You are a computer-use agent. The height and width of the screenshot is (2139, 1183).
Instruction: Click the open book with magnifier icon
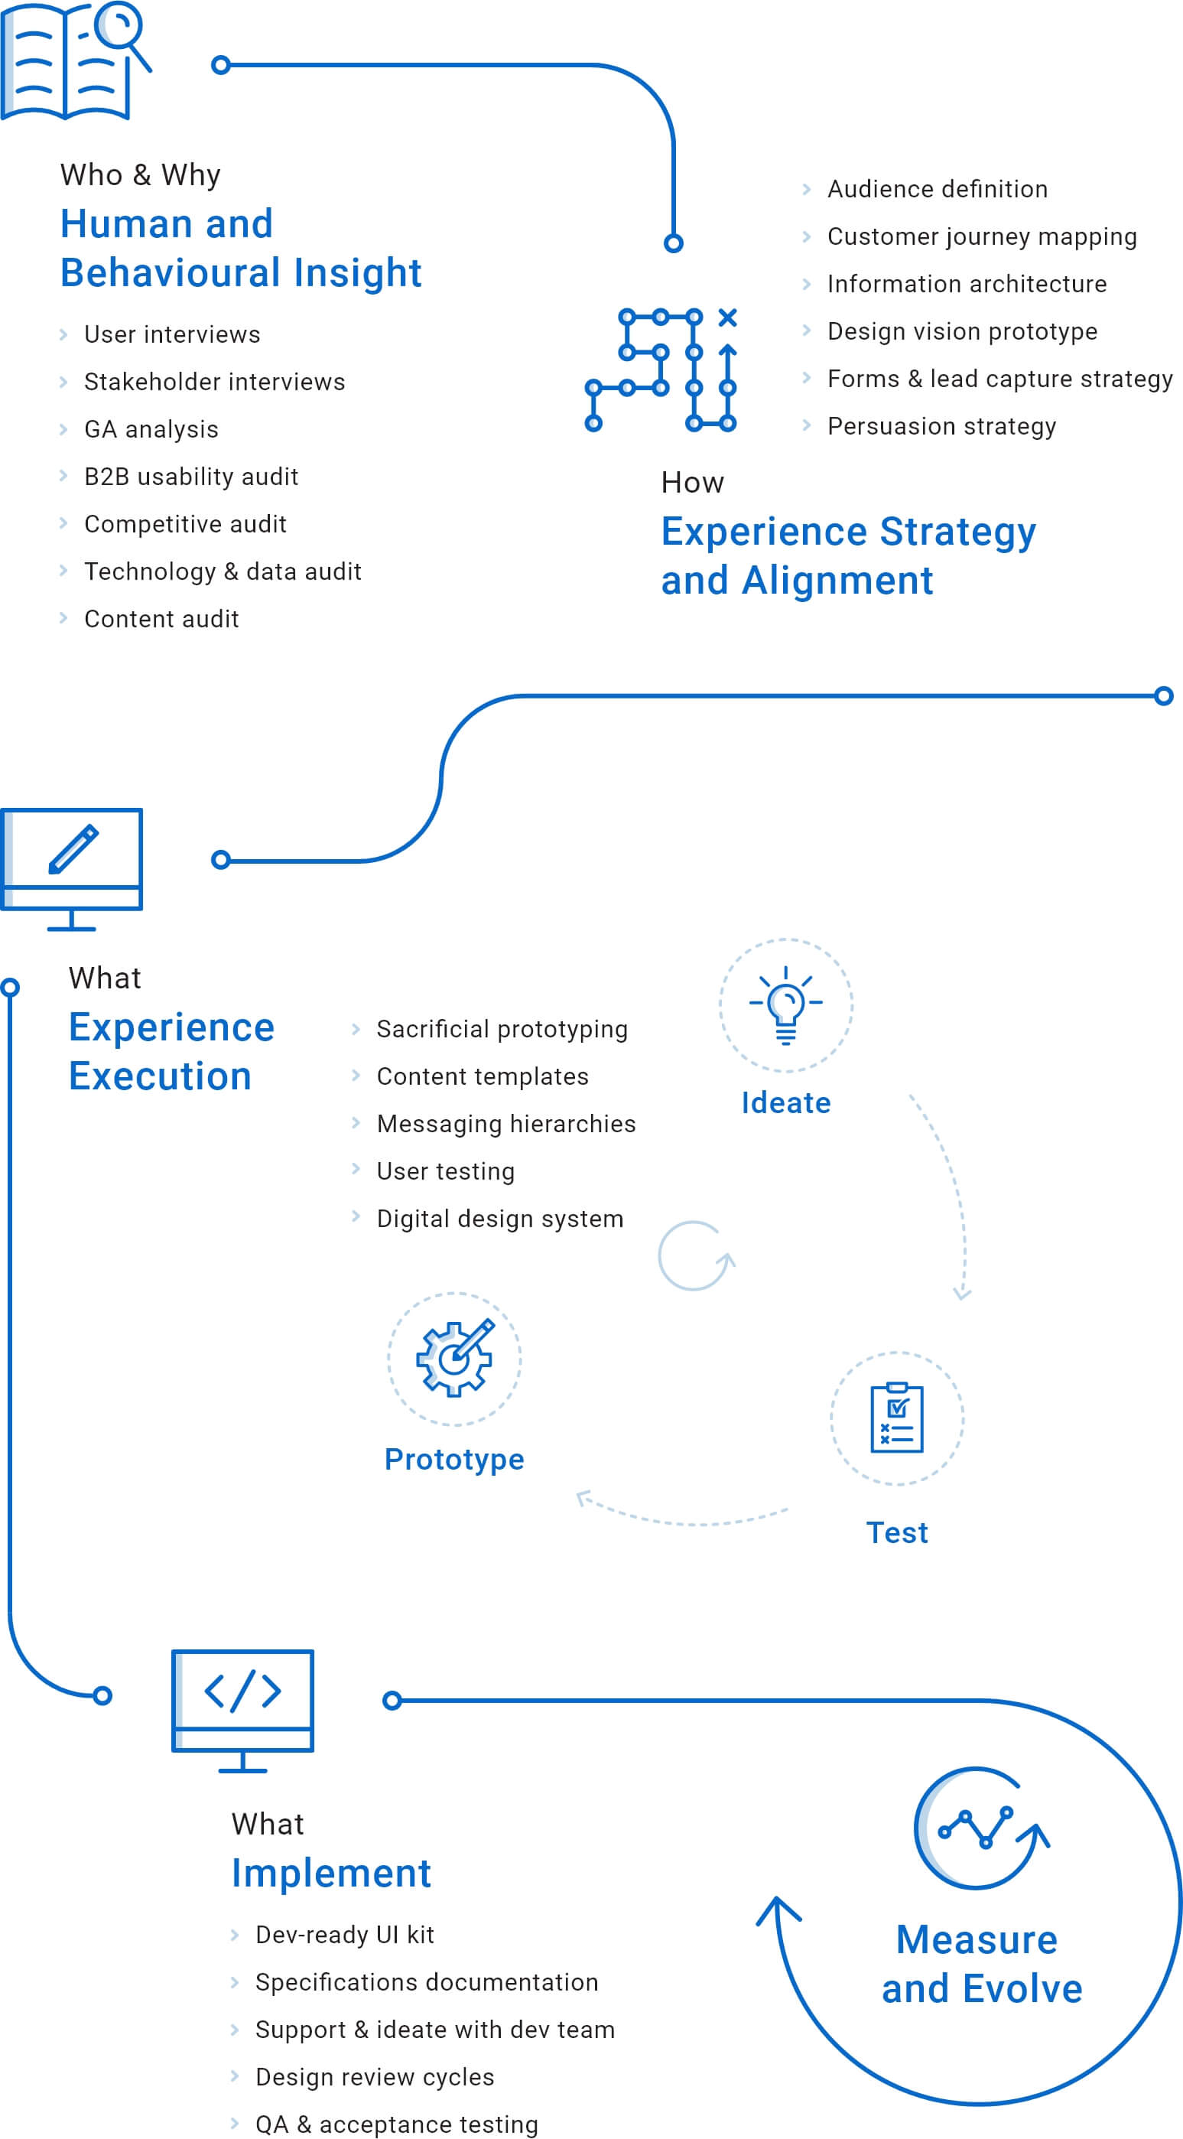pyautogui.click(x=75, y=60)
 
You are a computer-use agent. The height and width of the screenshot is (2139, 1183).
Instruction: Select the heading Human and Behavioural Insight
pyautogui.click(x=241, y=247)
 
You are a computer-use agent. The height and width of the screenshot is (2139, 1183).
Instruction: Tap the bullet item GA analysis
pyautogui.click(x=151, y=429)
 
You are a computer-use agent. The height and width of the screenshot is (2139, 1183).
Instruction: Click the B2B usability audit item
pyautogui.click(x=191, y=477)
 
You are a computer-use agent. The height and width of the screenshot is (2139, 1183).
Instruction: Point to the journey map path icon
pyautogui.click(x=661, y=370)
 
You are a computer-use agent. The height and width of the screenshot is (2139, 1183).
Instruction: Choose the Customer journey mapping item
pyautogui.click(x=981, y=236)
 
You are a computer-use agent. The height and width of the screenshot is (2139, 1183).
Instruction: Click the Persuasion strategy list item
pyautogui.click(x=941, y=426)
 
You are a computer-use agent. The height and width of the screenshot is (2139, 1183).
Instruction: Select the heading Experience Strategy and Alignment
pyautogui.click(x=847, y=555)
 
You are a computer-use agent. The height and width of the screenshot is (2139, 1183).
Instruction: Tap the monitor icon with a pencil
pyautogui.click(x=72, y=868)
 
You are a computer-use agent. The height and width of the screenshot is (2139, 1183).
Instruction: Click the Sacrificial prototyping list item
pyautogui.click(x=502, y=1029)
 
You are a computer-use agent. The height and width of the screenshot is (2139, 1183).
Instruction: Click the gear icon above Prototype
pyautogui.click(x=454, y=1359)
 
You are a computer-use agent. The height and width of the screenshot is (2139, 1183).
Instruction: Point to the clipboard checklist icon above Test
pyautogui.click(x=896, y=1418)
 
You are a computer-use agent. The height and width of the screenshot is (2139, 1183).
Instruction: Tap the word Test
pyautogui.click(x=896, y=1532)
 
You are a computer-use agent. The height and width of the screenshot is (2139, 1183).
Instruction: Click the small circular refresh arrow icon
pyautogui.click(x=695, y=1255)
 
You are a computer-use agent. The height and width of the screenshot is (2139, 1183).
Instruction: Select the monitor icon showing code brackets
pyautogui.click(x=242, y=1711)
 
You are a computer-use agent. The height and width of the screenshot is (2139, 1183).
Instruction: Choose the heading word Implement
pyautogui.click(x=330, y=1873)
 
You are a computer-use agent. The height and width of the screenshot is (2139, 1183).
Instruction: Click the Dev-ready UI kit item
pyautogui.click(x=345, y=1935)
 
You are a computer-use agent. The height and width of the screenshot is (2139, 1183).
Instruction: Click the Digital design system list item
pyautogui.click(x=500, y=1218)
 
